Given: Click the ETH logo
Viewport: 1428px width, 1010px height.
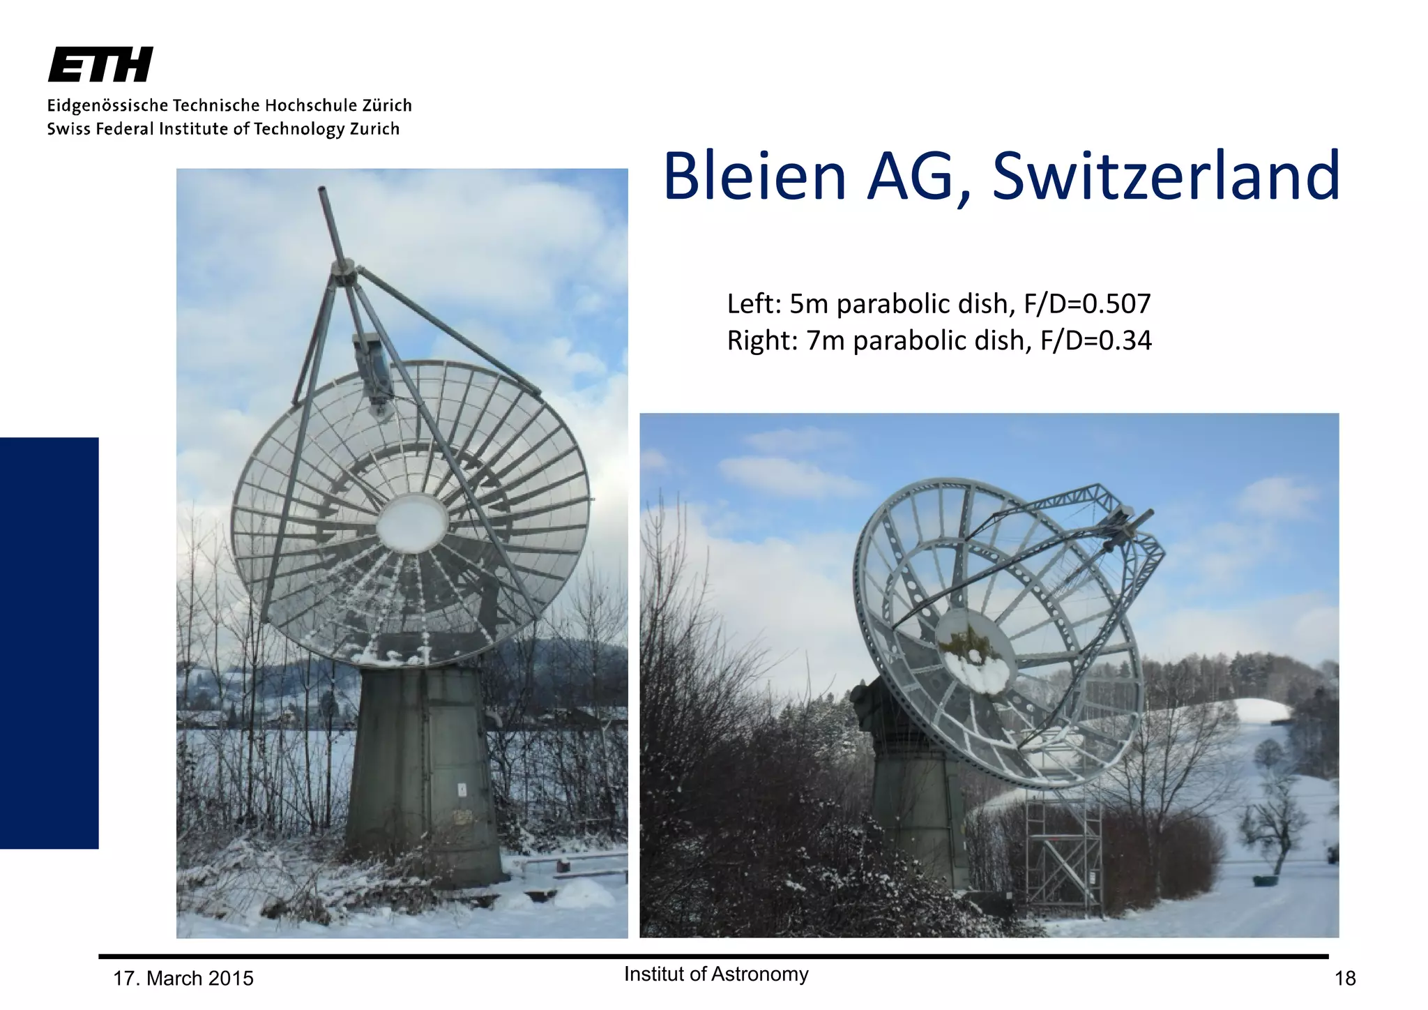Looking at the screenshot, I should pyautogui.click(x=100, y=65).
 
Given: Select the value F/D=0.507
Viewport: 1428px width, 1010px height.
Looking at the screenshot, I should pyautogui.click(x=1087, y=304).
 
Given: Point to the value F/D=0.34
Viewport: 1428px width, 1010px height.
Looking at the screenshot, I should pyautogui.click(x=1095, y=341).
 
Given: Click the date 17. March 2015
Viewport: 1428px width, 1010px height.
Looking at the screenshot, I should pyautogui.click(x=183, y=979).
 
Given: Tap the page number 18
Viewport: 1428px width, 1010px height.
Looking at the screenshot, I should pyautogui.click(x=1344, y=979).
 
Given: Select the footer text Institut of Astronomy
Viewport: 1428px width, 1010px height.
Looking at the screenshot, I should pyautogui.click(x=716, y=974).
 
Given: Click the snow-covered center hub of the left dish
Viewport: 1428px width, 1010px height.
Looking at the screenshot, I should pyautogui.click(x=411, y=523).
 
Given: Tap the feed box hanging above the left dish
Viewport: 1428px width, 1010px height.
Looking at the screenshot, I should pyautogui.click(x=373, y=366).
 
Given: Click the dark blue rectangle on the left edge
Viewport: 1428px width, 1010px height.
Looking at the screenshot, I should pyautogui.click(x=49, y=642).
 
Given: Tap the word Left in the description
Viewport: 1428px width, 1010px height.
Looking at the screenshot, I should pyautogui.click(x=752, y=304).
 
